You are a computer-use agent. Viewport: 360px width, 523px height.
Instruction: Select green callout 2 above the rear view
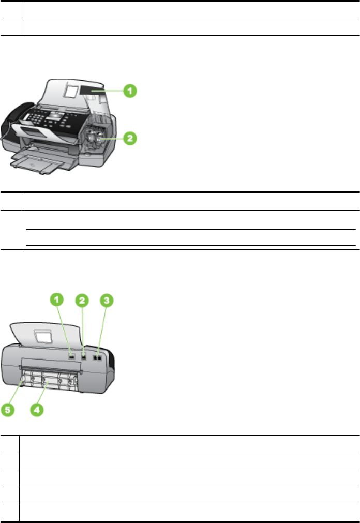pyautogui.click(x=82, y=300)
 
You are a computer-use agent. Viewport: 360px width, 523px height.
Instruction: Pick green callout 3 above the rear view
pyautogui.click(x=106, y=300)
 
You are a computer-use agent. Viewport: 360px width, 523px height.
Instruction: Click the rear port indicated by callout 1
pyautogui.click(x=71, y=356)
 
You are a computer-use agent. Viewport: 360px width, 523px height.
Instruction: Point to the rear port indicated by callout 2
pyautogui.click(x=84, y=356)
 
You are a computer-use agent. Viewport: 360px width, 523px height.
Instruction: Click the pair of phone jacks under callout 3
pyautogui.click(x=97, y=356)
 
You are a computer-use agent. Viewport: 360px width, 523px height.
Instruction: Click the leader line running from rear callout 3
pyautogui.click(x=102, y=328)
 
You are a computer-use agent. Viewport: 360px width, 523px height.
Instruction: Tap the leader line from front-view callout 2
pyautogui.click(x=115, y=138)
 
